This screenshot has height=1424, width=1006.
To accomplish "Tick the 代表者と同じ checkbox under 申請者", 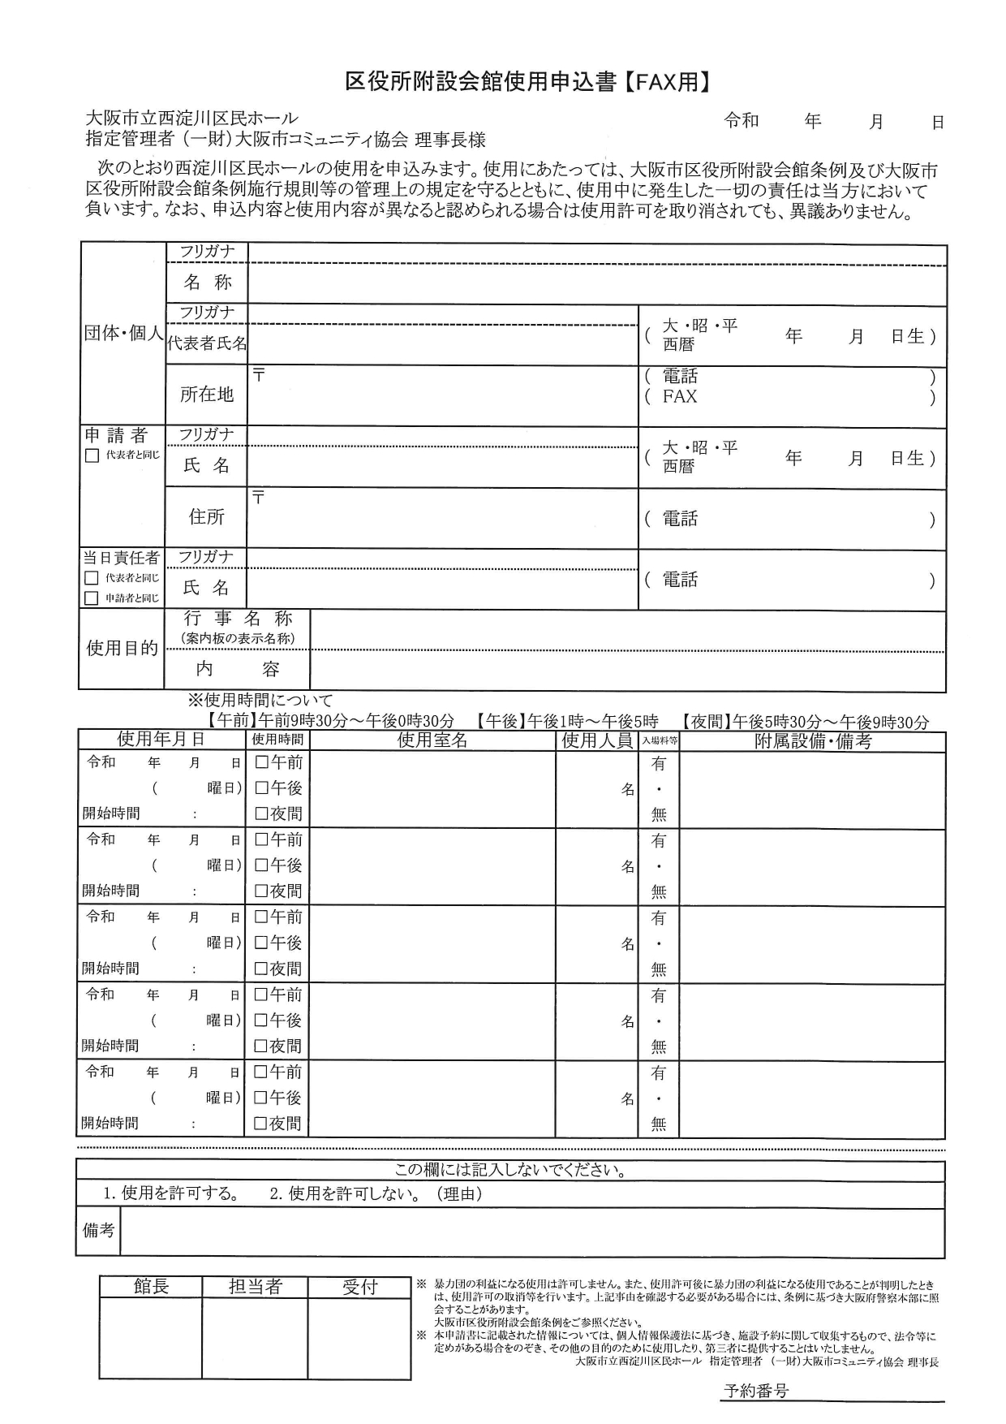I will point(92,455).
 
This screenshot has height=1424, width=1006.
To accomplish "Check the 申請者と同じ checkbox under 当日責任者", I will point(92,598).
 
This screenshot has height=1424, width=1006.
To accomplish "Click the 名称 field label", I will point(207,283).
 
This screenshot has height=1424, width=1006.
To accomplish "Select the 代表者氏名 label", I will point(207,343).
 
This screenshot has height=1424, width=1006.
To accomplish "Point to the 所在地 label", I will point(207,395).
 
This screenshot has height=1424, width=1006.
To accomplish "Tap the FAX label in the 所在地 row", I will point(680,397).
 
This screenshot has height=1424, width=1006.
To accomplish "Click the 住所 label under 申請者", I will point(207,517).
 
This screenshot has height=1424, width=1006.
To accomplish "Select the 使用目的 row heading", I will point(122,648).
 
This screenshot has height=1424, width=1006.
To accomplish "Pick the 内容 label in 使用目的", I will point(237,669).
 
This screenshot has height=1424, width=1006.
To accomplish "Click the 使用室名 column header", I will point(432,740).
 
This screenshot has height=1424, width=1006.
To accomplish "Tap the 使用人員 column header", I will point(597,740).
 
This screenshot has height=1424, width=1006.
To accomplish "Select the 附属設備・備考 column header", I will point(812,740).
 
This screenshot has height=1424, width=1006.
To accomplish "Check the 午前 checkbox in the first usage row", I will point(261,762).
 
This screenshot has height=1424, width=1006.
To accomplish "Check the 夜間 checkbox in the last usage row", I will point(261,1124).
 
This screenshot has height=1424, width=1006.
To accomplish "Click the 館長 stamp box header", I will point(151,1287).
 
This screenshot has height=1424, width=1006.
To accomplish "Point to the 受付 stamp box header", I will point(359,1287).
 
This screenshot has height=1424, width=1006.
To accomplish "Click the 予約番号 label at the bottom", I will point(755,1391).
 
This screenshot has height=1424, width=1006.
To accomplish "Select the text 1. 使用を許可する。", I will point(171,1193).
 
